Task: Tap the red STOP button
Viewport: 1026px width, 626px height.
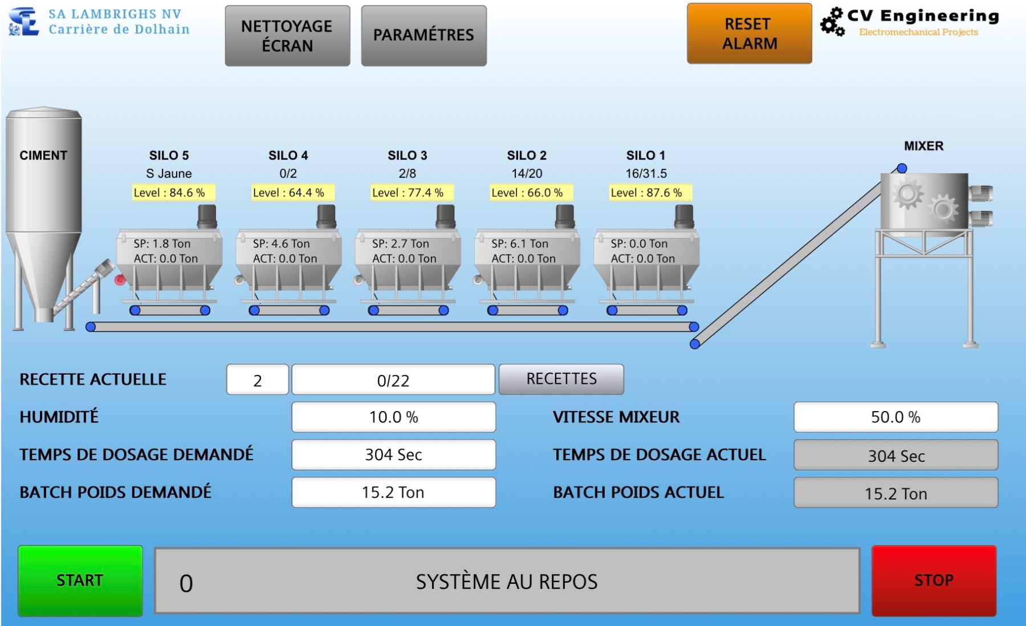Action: (x=934, y=580)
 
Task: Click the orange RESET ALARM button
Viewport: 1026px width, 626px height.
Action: (x=750, y=34)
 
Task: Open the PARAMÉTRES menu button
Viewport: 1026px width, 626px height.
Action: (x=424, y=35)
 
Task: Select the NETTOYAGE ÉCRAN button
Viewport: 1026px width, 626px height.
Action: (x=287, y=35)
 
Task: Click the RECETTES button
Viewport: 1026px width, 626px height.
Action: (x=561, y=379)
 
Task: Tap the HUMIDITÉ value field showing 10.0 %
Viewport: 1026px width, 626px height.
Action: (x=393, y=417)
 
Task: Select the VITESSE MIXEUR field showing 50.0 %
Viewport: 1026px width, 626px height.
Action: (x=895, y=417)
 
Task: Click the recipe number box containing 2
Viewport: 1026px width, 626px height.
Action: (x=258, y=380)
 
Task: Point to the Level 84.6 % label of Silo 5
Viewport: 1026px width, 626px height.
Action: (x=169, y=193)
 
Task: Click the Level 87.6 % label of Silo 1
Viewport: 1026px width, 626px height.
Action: (x=646, y=193)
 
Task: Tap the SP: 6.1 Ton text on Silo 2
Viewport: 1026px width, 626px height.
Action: (x=520, y=243)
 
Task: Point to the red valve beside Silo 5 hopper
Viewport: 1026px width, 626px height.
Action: (x=120, y=279)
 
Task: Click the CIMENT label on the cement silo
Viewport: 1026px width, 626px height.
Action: (x=43, y=155)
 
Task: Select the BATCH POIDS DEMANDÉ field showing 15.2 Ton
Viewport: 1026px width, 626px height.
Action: (x=393, y=492)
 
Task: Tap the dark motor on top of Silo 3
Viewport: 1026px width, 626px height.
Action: (x=446, y=217)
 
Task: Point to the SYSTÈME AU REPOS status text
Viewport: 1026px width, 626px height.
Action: (x=507, y=582)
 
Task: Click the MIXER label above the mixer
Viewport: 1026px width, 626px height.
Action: (x=923, y=146)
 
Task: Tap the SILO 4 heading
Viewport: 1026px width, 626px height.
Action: (x=288, y=155)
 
